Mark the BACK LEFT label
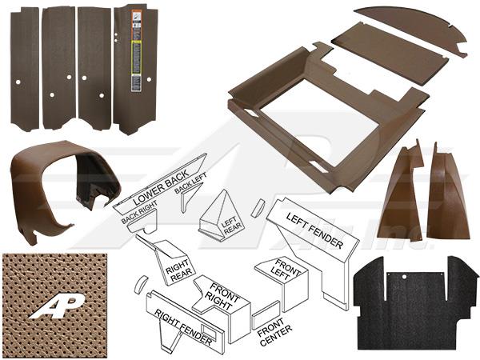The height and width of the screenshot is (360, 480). pyautogui.click(x=190, y=194)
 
